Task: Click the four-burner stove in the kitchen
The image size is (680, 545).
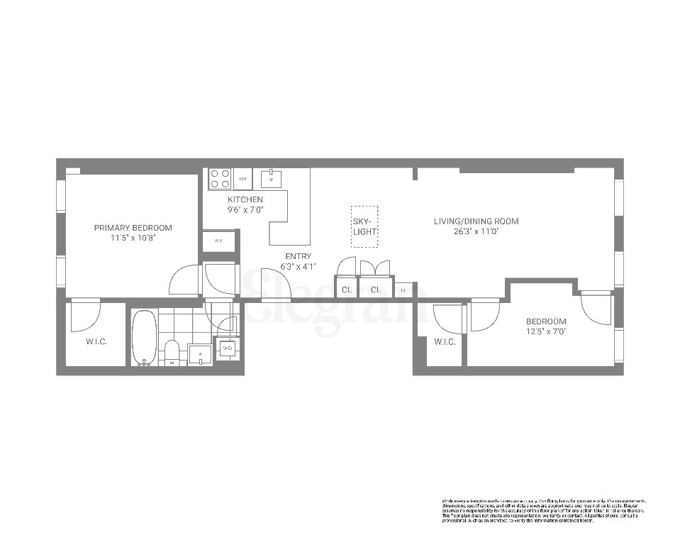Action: coord(220,179)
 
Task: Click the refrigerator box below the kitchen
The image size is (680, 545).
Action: coord(218,241)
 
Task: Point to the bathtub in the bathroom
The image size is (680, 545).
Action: coord(144,338)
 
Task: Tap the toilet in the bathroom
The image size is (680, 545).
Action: coord(172,353)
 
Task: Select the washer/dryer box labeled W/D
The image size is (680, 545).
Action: coord(227,348)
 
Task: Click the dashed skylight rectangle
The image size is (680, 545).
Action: coord(364,226)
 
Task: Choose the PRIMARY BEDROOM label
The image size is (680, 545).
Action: coord(133,228)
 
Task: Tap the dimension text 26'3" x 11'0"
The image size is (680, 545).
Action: coord(476,231)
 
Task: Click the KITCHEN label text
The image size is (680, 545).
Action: coord(245,200)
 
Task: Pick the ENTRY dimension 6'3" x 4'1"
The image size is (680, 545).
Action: coord(298,266)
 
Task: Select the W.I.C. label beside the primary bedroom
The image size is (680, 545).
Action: coord(96,342)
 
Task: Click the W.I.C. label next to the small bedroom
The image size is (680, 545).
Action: coord(445,342)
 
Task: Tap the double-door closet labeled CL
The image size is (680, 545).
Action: coord(375,290)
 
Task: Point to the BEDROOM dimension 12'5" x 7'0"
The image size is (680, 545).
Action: coord(546,331)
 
